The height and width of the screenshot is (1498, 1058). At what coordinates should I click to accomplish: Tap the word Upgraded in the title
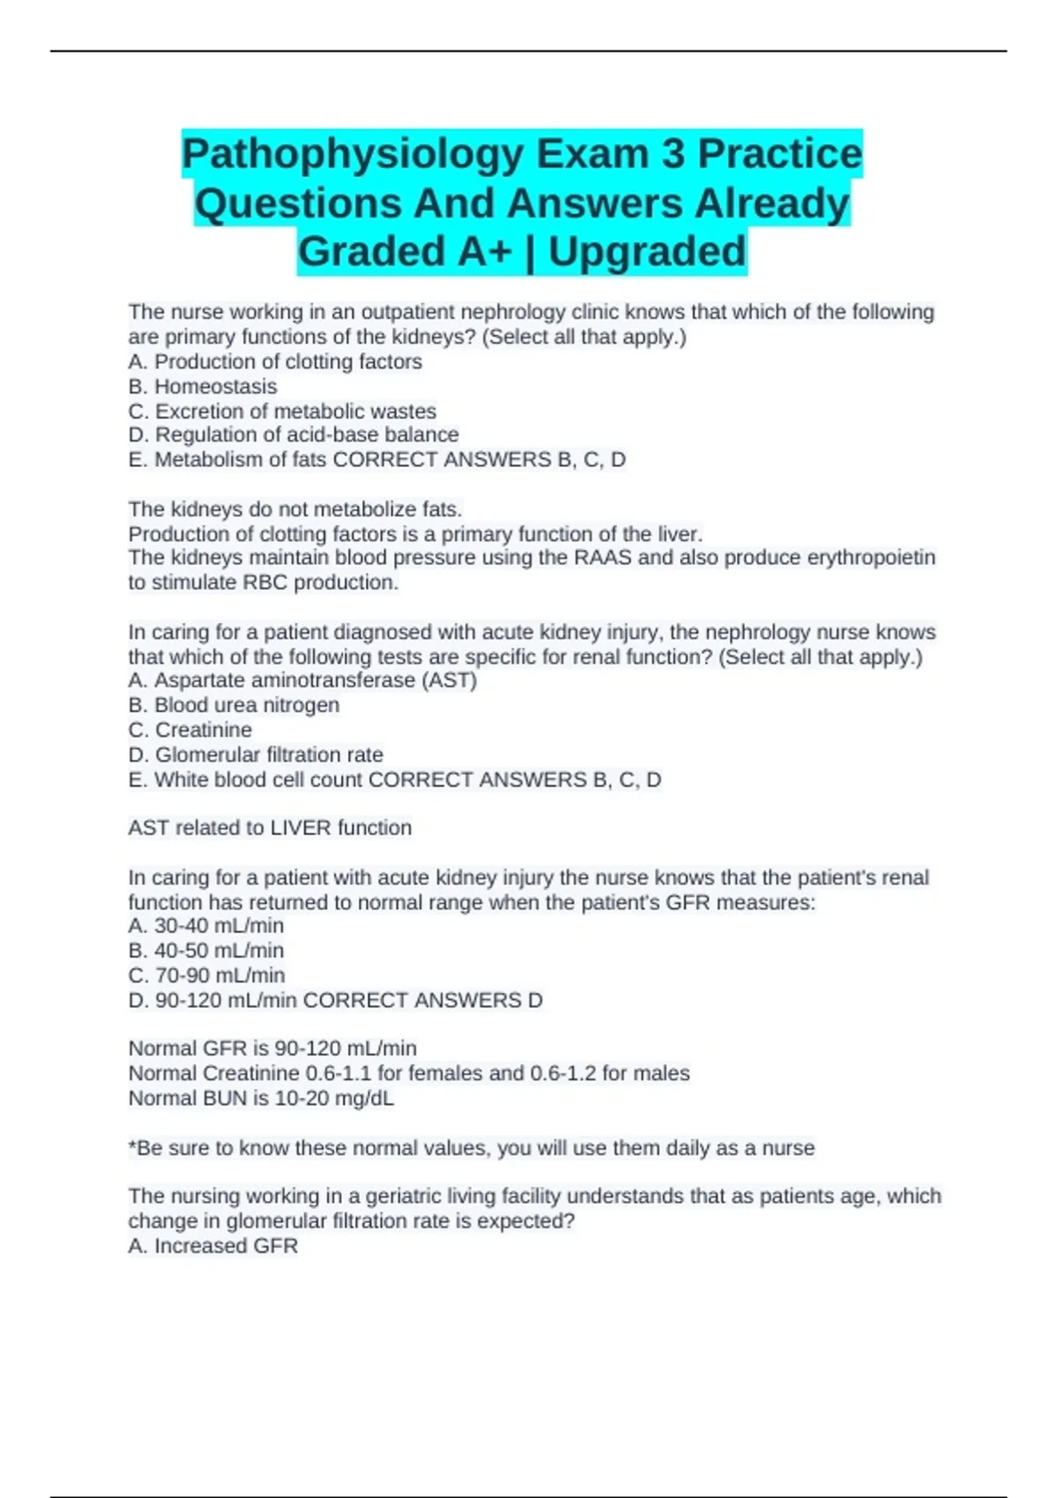[x=647, y=252]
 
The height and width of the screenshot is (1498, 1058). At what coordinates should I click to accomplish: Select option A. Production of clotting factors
[x=275, y=361]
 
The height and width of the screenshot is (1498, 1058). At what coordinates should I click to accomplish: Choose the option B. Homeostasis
[x=203, y=386]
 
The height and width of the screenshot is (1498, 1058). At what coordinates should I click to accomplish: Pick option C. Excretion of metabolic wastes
[x=282, y=411]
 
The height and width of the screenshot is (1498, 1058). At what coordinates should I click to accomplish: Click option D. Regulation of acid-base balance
[x=294, y=434]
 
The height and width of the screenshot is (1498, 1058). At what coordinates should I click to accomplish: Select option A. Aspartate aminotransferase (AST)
[x=302, y=680]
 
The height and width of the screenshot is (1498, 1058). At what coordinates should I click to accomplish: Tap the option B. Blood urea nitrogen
[x=234, y=705]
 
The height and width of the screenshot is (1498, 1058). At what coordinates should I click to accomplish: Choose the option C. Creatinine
[x=190, y=730]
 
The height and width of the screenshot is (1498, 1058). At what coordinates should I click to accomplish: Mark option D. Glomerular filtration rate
[x=256, y=754]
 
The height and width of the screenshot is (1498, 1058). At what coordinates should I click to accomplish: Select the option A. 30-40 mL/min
[x=206, y=925]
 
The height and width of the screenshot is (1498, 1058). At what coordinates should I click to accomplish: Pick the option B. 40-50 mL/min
[x=206, y=950]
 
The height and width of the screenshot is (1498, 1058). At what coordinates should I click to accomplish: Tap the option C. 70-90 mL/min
[x=206, y=975]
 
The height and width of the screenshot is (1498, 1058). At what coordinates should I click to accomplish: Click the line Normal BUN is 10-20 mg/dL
[x=261, y=1098]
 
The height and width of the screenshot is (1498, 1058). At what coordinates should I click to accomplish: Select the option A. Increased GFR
[x=213, y=1245]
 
